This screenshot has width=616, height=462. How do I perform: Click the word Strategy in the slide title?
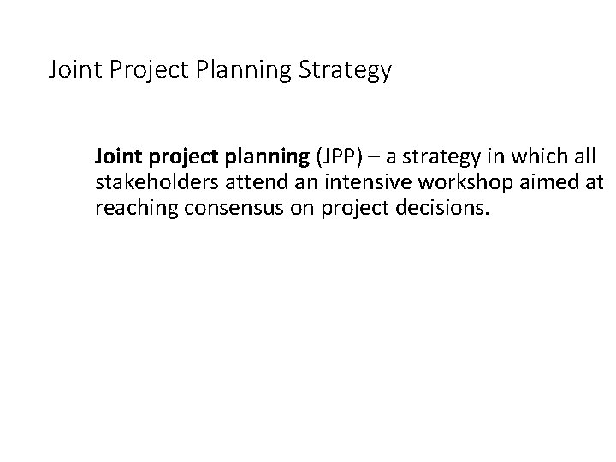pos(344,70)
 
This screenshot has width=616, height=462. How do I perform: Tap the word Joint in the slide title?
pos(76,70)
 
